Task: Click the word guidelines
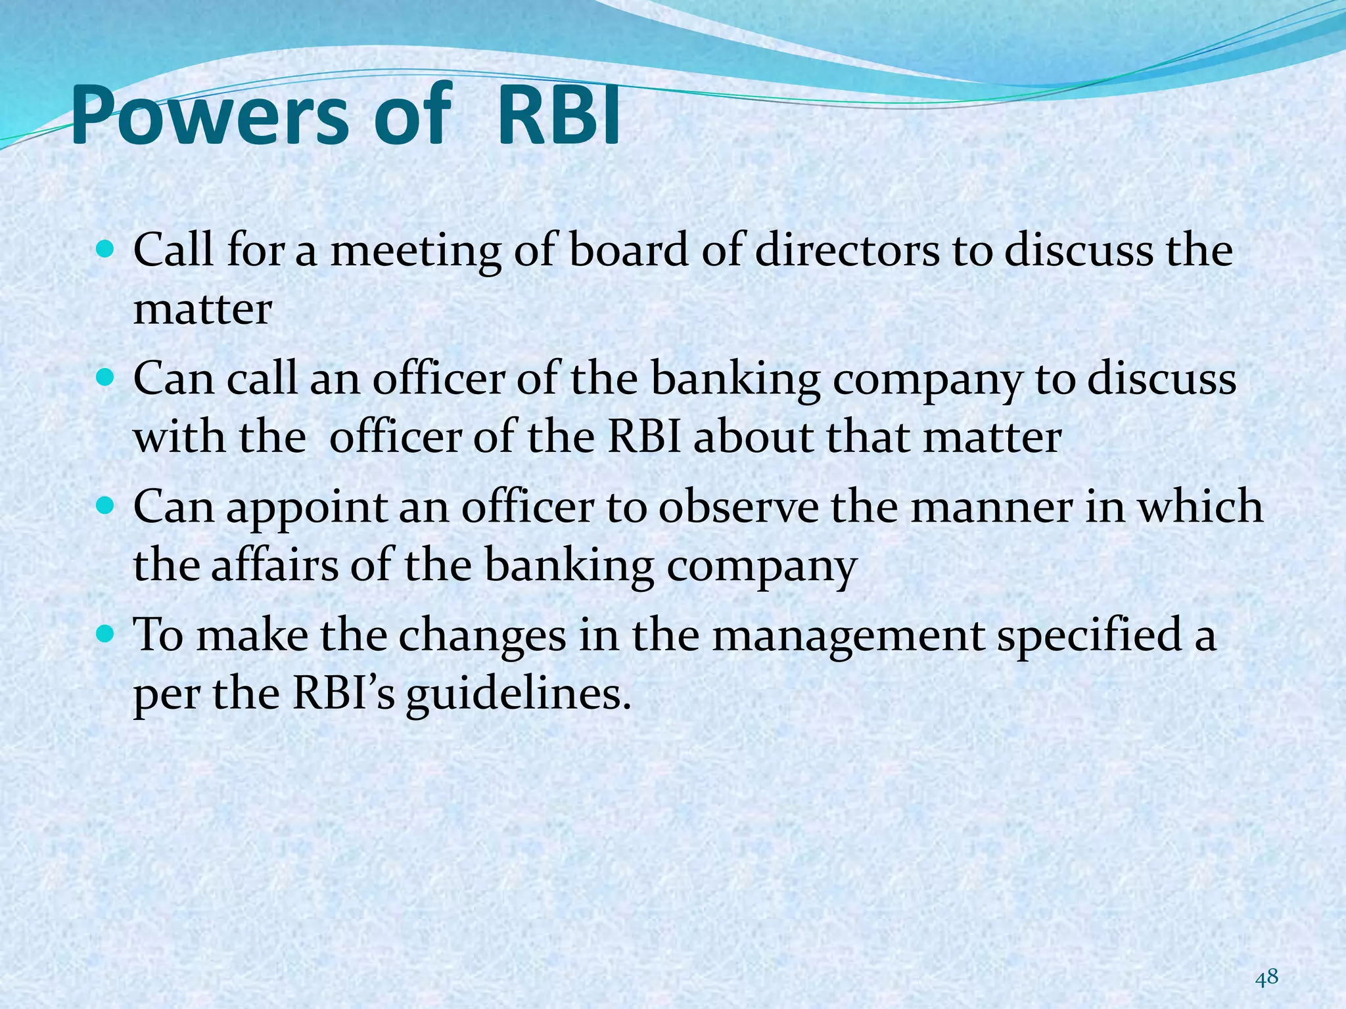point(512,694)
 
